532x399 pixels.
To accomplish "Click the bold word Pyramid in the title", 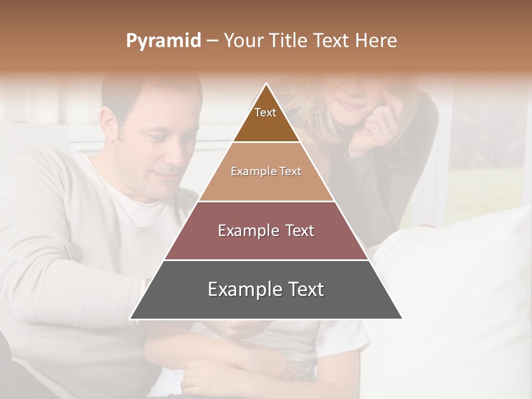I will point(163,41).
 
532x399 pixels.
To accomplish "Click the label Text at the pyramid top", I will point(265,112).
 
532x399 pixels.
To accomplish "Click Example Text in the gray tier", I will point(266,289).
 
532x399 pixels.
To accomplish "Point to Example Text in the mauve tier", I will point(266,231).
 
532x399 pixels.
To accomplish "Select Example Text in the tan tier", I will point(266,171).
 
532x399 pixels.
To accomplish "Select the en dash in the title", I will point(212,41).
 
